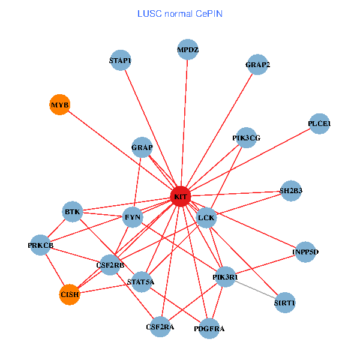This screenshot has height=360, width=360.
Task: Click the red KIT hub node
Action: pos(181,196)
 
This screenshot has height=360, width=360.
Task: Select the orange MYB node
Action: pos(59,105)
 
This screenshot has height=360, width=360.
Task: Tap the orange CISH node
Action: pos(70,294)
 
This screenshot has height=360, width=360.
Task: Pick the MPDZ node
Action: pos(188,50)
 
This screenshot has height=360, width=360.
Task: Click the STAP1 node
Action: pos(121,60)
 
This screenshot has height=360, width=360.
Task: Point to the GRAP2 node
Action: pos(257,65)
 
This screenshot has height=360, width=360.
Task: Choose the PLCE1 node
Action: pos(319,124)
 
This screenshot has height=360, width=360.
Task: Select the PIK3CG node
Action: pos(246,137)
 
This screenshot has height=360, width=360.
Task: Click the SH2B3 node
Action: pos(291,191)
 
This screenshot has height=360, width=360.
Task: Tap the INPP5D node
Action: pos(305,251)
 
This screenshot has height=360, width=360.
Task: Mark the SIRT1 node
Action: pos(284,303)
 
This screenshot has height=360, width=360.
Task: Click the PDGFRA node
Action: pos(209,328)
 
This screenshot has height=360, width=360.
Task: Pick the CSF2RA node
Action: pos(160,327)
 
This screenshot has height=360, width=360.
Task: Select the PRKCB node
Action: pos(41,245)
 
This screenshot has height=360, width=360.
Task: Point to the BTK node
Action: pos(73,211)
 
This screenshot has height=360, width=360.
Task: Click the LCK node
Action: pos(206,217)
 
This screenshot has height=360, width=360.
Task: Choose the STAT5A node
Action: pos(141,281)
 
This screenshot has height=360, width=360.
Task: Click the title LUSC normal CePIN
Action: pos(180,13)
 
